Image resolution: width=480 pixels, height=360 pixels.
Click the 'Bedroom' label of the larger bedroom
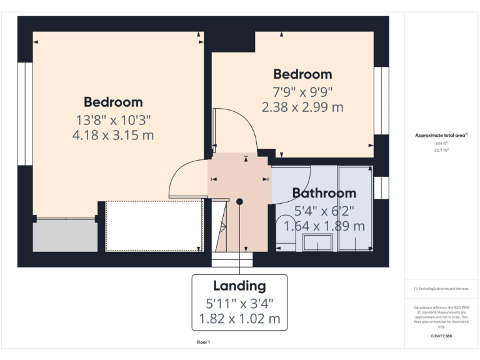[x=113, y=102]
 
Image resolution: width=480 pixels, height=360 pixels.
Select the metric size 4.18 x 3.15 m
[x=113, y=134]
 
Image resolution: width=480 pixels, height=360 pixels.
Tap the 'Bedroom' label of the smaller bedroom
[x=302, y=74]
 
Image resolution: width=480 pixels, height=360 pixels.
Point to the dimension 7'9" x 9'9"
[x=302, y=91]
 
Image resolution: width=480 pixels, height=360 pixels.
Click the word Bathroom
[x=324, y=193]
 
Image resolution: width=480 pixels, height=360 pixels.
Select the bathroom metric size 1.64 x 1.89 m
[x=324, y=226]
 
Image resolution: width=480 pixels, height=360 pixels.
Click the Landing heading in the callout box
[x=239, y=286]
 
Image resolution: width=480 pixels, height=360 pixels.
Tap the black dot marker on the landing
[x=239, y=201]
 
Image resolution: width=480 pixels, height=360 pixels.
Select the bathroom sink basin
[x=318, y=242]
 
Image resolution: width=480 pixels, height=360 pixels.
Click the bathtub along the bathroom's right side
[x=355, y=209]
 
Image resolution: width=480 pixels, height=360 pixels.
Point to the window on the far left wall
[x=25, y=113]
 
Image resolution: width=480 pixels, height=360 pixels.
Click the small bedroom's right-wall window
[x=381, y=101]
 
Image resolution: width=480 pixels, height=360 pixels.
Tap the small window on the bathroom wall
[x=381, y=187]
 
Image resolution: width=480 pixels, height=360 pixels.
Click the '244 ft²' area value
[x=441, y=143]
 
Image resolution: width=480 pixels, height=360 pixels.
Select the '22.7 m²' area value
[x=441, y=150]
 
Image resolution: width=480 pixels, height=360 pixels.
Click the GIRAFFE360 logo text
[x=441, y=336]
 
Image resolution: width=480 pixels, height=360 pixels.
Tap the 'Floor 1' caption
[x=203, y=342]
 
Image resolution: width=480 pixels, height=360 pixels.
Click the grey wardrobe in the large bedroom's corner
[x=65, y=235]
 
